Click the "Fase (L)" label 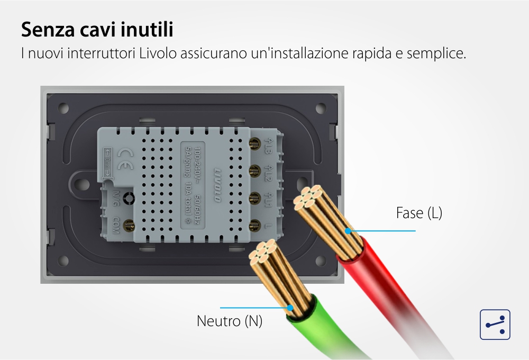pos(419,213)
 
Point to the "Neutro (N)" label pos(230,321)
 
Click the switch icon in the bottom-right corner pos(495,325)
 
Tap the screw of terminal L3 pos(253,143)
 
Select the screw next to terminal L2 pos(253,170)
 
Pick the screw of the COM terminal pos(127,227)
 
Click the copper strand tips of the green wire pos(263,253)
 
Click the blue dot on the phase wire pos(348,231)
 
